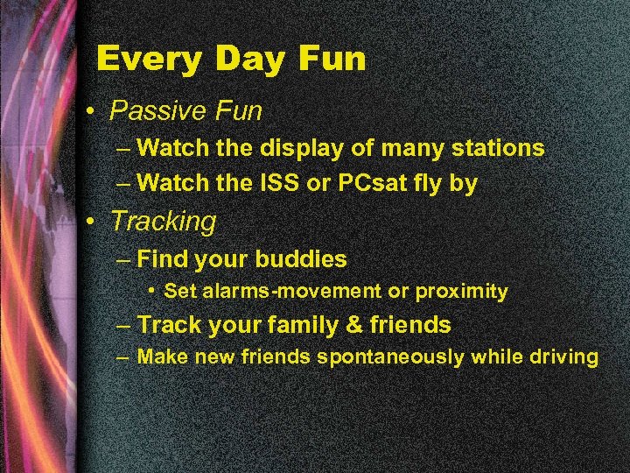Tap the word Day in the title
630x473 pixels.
tap(246, 60)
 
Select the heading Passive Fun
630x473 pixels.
tap(185, 111)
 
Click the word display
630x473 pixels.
tap(299, 148)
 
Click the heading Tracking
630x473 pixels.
tap(163, 222)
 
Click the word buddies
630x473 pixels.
tap(301, 259)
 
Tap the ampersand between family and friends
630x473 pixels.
tap(354, 325)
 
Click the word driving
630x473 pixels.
tap(559, 357)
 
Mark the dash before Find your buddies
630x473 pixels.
tap(124, 259)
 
